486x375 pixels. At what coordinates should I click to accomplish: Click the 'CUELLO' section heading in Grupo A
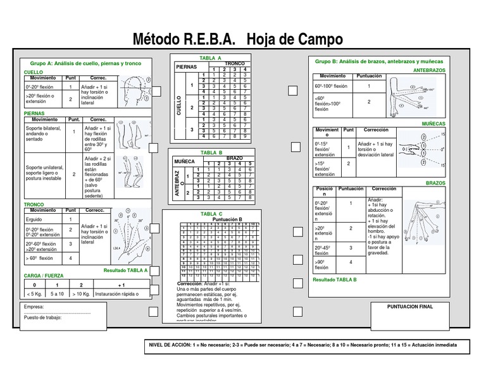point(34,73)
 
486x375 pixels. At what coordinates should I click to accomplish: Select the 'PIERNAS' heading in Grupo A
point(34,113)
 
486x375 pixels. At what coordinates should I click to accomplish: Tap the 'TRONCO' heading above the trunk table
point(34,205)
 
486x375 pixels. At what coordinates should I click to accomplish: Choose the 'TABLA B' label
point(211,153)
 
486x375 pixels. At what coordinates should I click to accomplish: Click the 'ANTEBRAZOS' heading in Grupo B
point(429,70)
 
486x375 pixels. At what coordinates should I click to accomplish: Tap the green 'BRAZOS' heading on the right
point(435,182)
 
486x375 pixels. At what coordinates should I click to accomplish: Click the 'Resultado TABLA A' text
point(125,270)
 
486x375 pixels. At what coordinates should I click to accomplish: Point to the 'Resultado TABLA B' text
point(335,279)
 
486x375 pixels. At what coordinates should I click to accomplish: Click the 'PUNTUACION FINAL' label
point(410,306)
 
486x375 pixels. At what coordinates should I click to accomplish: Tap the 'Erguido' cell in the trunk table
point(34,219)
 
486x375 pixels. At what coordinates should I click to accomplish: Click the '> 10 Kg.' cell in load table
point(81,294)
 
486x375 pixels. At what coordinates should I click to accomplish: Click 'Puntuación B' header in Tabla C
point(218,219)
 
